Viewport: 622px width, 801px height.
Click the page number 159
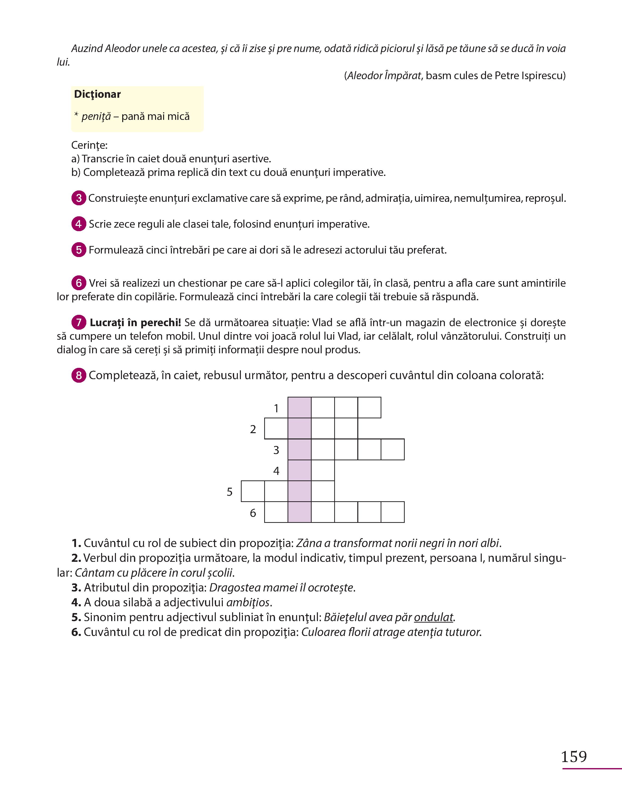[x=574, y=757]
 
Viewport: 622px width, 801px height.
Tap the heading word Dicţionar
[x=97, y=94]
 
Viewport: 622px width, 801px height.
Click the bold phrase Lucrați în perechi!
[x=135, y=323]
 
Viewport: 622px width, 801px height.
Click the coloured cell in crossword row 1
[x=299, y=408]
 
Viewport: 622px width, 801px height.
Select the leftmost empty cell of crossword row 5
[x=253, y=491]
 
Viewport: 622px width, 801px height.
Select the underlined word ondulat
[x=434, y=617]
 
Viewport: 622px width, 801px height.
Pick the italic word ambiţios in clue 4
[x=248, y=602]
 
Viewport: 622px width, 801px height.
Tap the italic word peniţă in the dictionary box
[x=96, y=117]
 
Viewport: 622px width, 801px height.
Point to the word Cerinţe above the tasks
[x=89, y=145]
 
